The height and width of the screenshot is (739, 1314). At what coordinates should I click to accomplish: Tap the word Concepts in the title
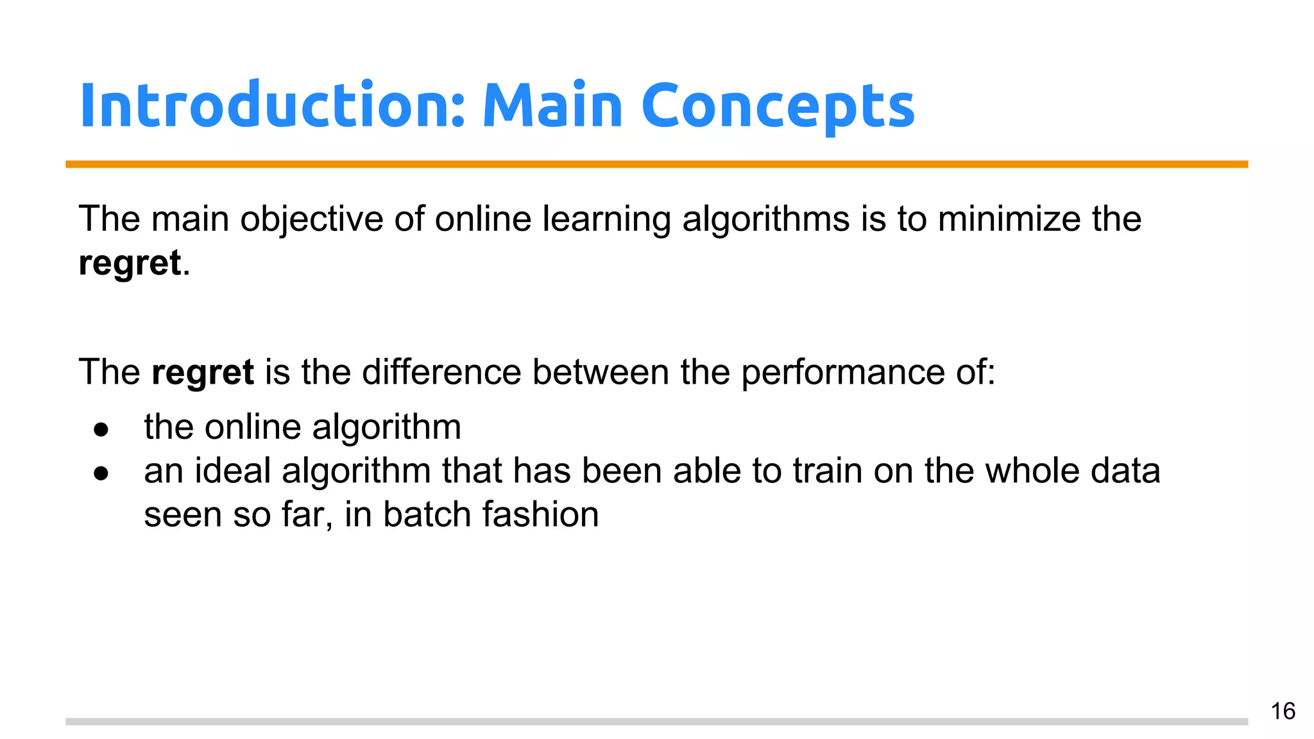(778, 106)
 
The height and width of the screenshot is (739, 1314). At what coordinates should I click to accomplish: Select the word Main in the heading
(552, 106)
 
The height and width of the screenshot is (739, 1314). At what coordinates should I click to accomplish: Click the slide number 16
(1283, 711)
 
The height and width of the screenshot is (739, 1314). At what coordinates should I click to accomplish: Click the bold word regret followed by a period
(130, 263)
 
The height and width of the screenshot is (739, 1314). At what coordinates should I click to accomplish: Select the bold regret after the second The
(203, 372)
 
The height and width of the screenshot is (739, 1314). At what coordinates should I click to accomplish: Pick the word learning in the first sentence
(606, 219)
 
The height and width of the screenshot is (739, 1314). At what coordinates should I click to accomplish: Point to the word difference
(441, 372)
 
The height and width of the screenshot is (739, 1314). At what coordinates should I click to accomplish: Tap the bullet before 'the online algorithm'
(101, 429)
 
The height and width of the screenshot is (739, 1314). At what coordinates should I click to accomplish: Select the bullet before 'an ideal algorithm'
(101, 473)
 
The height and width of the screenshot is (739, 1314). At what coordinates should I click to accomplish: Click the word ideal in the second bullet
(233, 471)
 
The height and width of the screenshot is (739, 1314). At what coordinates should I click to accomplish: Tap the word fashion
(540, 514)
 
